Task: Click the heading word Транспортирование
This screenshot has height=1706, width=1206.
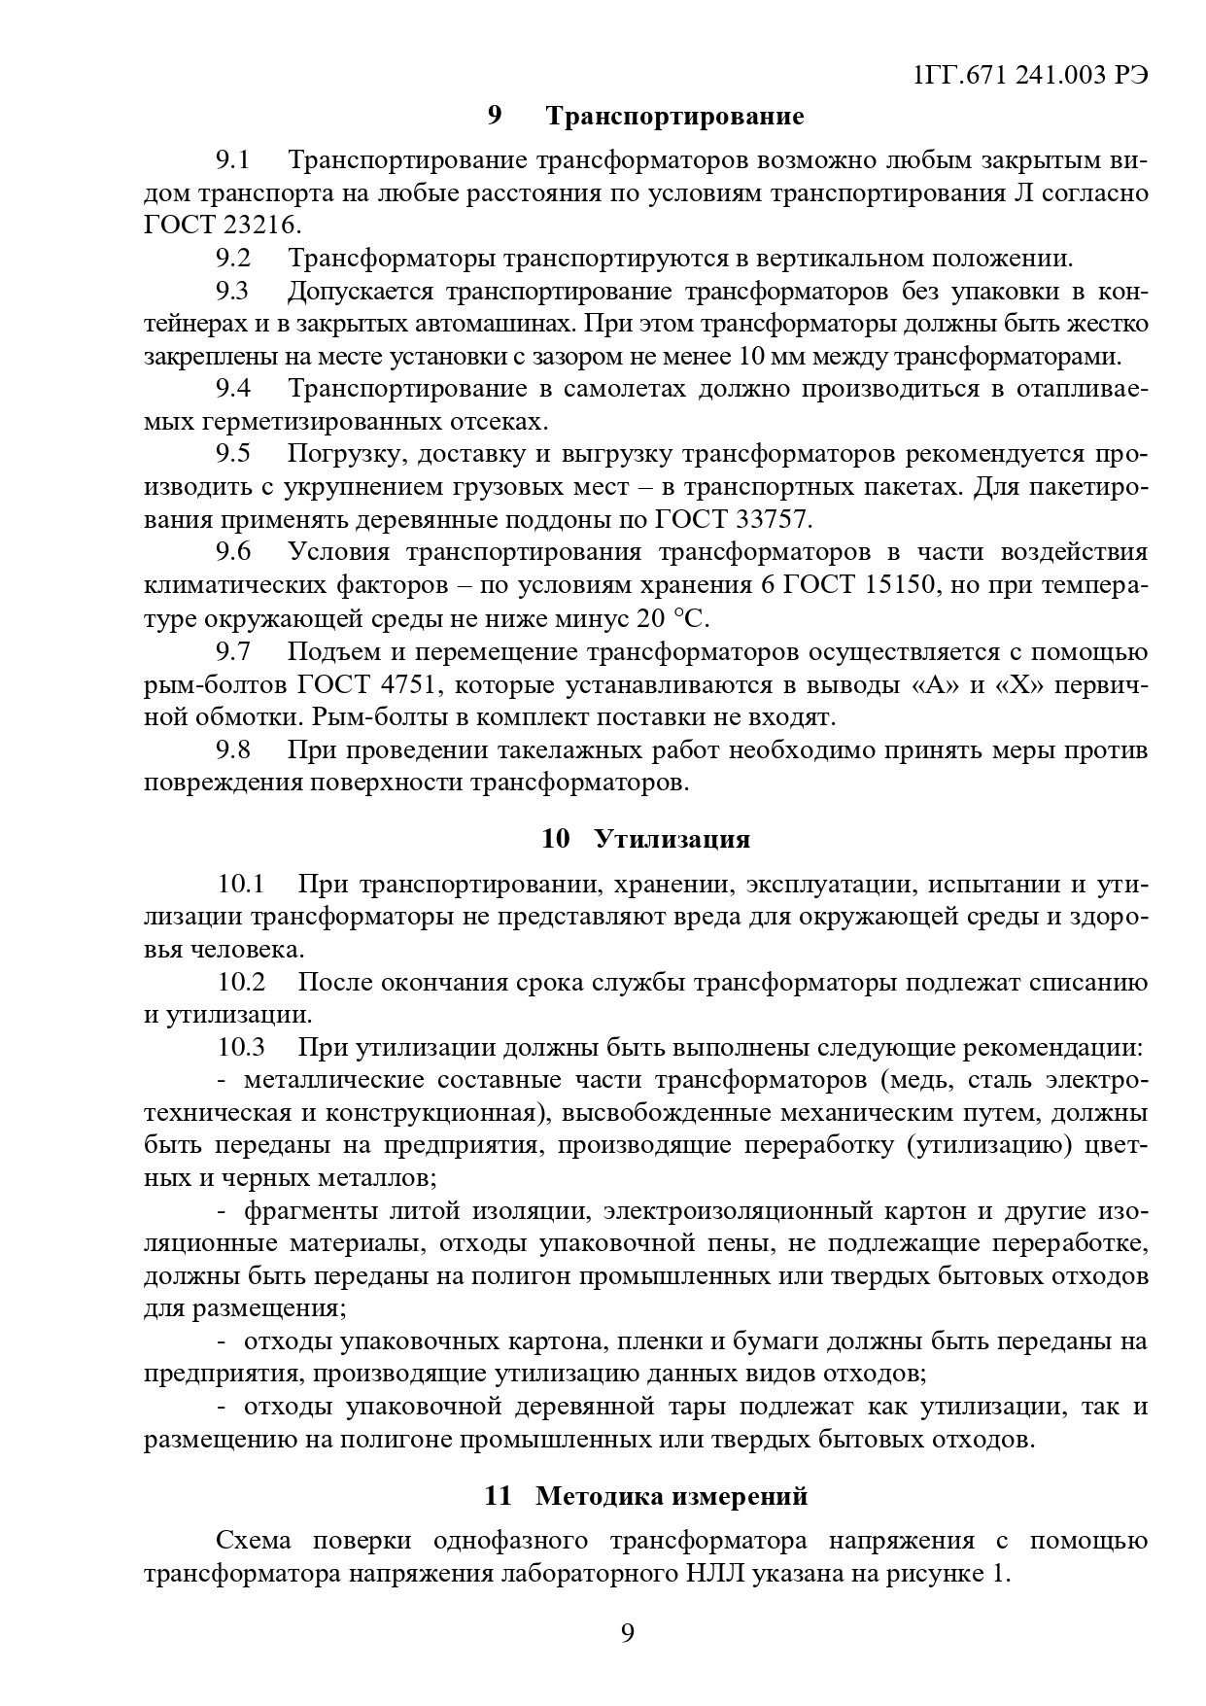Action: point(674,117)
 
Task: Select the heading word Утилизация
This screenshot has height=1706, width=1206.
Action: point(672,838)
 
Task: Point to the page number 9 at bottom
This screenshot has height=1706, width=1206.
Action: point(627,1634)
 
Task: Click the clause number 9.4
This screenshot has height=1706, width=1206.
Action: point(233,389)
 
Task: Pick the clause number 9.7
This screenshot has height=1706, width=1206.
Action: point(233,651)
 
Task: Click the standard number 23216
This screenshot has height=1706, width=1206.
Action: point(258,225)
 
